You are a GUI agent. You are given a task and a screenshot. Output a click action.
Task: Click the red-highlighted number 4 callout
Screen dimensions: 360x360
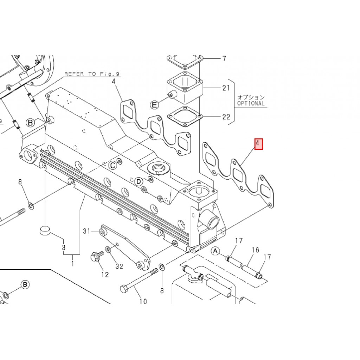(258, 144)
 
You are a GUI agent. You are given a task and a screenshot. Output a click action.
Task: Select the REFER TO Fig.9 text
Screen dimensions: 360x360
(92, 74)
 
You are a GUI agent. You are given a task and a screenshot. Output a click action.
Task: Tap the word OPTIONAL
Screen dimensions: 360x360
(251, 103)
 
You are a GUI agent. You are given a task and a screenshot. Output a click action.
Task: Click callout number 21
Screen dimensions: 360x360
(226, 88)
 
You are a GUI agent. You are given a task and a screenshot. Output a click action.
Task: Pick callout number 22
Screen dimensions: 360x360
(226, 117)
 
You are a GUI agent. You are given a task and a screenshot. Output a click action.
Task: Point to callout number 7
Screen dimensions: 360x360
(224, 59)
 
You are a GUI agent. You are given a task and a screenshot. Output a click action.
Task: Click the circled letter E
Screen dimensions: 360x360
(154, 104)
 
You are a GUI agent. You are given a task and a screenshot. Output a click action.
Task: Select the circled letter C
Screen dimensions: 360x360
(112, 165)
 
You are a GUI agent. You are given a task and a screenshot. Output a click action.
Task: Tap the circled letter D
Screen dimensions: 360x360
(139, 181)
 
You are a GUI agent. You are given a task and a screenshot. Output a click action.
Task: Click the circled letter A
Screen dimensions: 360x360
(216, 251)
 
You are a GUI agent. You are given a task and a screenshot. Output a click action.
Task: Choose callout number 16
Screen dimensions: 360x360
(256, 250)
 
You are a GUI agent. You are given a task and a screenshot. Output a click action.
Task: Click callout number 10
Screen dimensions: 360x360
(143, 301)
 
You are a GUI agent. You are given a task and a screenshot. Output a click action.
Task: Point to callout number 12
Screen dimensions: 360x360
(105, 275)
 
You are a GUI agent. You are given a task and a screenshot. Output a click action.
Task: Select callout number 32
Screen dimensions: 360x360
(120, 266)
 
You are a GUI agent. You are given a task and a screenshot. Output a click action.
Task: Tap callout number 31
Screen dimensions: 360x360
(87, 231)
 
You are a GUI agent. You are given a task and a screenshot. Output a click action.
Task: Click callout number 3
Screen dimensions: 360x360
(64, 247)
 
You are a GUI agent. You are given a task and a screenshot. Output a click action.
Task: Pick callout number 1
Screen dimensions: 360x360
(72, 263)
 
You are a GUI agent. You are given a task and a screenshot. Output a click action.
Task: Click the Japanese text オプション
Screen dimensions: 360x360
(251, 97)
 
